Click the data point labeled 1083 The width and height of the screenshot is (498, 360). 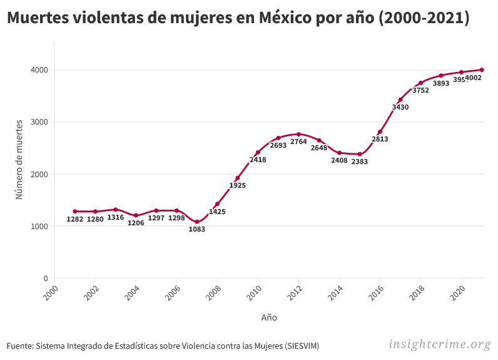point(197,222)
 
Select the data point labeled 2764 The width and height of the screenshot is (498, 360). point(298,134)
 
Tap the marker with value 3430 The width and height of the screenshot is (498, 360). point(400,100)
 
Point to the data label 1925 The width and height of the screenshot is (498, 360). point(238,185)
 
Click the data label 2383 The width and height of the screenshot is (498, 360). point(360,162)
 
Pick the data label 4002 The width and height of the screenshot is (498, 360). point(474,78)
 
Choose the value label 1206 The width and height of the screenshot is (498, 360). point(136,223)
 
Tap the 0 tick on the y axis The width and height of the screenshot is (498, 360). point(44,278)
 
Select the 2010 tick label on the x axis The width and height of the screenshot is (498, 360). point(254,292)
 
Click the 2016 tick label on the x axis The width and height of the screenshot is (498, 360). point(377,292)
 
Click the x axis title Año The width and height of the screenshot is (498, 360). point(269,317)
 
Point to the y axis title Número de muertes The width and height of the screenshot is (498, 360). point(19,159)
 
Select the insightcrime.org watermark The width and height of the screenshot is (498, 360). point(440,344)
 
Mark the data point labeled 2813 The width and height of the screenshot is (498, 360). point(380,132)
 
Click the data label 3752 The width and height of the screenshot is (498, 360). point(420,90)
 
